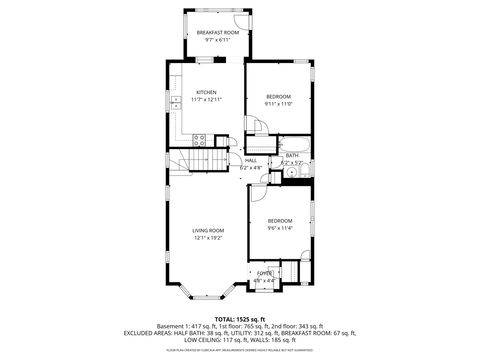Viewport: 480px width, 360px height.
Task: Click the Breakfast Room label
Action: coord(217,33)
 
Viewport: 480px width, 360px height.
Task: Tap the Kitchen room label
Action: coord(206,93)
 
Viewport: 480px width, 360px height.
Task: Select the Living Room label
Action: coord(208,231)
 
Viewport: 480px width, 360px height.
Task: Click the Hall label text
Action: coord(251,160)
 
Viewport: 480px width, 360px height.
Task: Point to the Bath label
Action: coord(291,156)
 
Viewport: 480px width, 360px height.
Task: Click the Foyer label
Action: coord(264,273)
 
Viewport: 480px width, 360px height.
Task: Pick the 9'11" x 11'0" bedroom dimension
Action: coord(278,103)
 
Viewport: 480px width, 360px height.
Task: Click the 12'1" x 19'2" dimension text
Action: coord(208,238)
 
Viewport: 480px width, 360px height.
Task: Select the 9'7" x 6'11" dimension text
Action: coord(217,40)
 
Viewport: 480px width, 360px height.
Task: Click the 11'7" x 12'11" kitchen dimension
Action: coord(206,100)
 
